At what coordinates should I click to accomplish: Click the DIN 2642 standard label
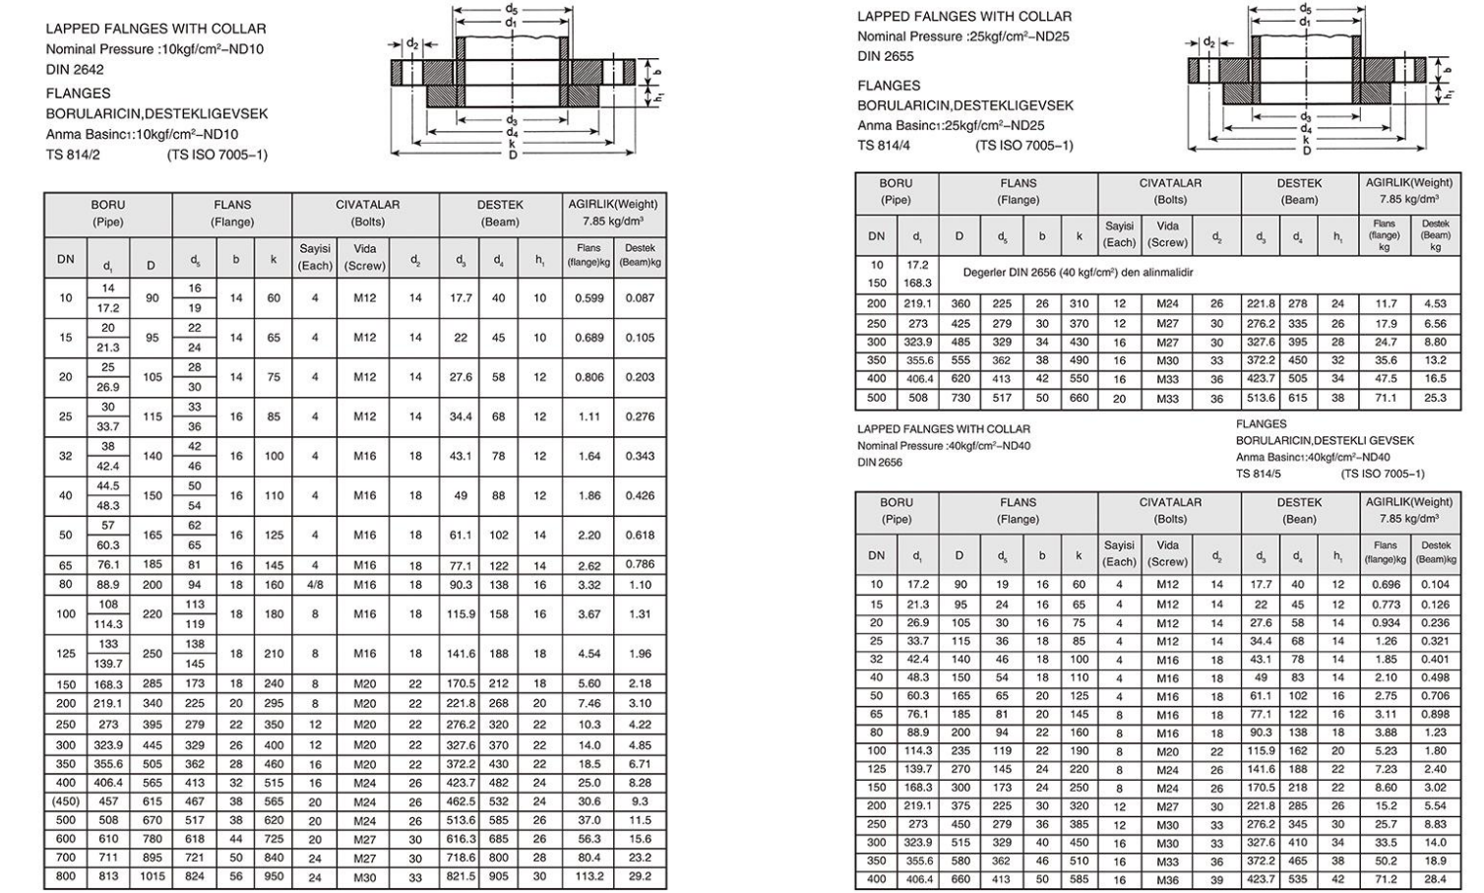pyautogui.click(x=75, y=70)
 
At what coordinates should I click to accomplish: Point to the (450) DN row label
pyautogui.click(x=66, y=802)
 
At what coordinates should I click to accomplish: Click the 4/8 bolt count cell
pyautogui.click(x=315, y=585)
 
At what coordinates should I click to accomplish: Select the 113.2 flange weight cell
pyautogui.click(x=589, y=876)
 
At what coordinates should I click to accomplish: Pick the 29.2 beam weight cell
pyautogui.click(x=640, y=876)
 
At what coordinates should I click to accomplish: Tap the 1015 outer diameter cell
pyautogui.click(x=151, y=876)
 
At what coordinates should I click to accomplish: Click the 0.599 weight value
pyautogui.click(x=589, y=298)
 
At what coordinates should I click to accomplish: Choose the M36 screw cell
pyautogui.click(x=1167, y=880)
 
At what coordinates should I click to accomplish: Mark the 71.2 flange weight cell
pyautogui.click(x=1385, y=880)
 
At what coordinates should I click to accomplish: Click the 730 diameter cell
pyautogui.click(x=959, y=399)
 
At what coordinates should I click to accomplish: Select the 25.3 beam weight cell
pyautogui.click(x=1436, y=399)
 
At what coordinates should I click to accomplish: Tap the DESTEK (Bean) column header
pyautogui.click(x=1299, y=510)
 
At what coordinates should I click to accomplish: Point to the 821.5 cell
pyautogui.click(x=461, y=876)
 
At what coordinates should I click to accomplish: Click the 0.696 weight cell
pyautogui.click(x=1385, y=585)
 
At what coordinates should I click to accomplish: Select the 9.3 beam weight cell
pyautogui.click(x=640, y=802)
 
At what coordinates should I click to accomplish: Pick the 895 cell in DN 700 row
pyautogui.click(x=151, y=859)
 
